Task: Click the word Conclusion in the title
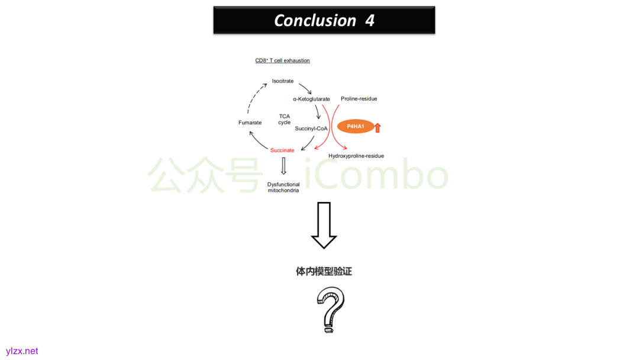(315, 20)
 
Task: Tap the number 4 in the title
(370, 20)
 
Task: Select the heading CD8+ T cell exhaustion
(282, 61)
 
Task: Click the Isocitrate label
(283, 81)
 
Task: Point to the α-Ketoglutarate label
(311, 99)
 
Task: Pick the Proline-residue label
(359, 99)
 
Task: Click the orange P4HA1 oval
(356, 127)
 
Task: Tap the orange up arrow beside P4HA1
(377, 127)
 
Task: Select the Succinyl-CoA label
(311, 128)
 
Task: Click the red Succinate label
(282, 150)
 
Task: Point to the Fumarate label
(250, 123)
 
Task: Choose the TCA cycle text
(285, 119)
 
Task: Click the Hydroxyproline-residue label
(356, 156)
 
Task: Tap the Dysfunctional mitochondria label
(283, 187)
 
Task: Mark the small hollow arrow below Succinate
(283, 166)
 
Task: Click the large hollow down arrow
(324, 225)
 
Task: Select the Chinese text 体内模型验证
(324, 271)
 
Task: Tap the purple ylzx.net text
(22, 351)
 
